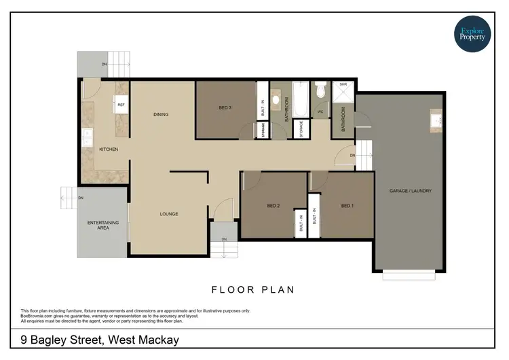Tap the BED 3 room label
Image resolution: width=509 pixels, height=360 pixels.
click(x=226, y=107)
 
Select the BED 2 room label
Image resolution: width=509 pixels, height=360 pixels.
click(x=274, y=205)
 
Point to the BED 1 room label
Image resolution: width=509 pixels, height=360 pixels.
click(x=347, y=205)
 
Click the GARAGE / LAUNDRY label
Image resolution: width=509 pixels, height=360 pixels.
click(x=410, y=191)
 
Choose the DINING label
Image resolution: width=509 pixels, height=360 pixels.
click(x=161, y=114)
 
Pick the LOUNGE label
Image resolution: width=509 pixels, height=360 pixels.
click(x=169, y=214)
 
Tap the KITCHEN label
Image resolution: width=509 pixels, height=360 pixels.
click(x=109, y=149)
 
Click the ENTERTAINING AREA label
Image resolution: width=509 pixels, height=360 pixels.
click(x=103, y=226)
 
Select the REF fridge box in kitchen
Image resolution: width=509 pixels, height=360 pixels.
click(x=121, y=105)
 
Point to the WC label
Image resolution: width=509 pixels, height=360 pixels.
click(x=320, y=111)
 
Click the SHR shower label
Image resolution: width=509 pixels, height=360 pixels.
click(x=343, y=85)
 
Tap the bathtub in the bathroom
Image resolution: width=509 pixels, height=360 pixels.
click(x=300, y=100)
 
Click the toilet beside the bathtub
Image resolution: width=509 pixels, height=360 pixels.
click(x=320, y=90)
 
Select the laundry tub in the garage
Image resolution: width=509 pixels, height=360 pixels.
click(x=435, y=121)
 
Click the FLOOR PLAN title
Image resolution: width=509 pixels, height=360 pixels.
click(x=253, y=289)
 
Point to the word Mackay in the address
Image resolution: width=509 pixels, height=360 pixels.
click(x=154, y=339)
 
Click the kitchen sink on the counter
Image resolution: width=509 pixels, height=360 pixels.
click(x=88, y=137)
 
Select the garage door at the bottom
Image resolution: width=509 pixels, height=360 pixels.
click(x=409, y=275)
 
